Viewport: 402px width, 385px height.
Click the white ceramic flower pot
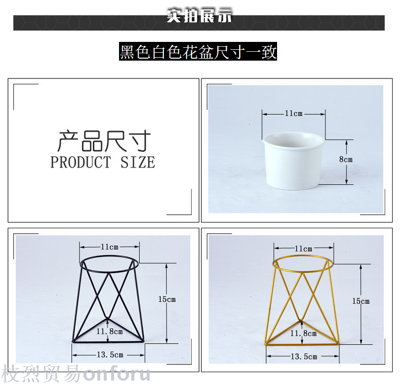click(x=293, y=161)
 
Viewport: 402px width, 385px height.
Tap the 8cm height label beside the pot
click(x=346, y=159)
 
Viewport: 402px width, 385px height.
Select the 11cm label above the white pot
click(x=293, y=113)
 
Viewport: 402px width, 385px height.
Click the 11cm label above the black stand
click(x=110, y=247)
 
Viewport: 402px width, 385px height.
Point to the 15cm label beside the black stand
click(x=167, y=299)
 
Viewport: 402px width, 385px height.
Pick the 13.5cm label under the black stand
click(x=110, y=355)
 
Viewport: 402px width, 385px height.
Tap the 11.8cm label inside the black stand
click(x=110, y=331)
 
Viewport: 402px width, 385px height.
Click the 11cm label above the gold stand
click(x=303, y=248)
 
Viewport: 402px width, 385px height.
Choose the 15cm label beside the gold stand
click(x=361, y=301)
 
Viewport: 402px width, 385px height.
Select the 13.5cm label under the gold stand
click(x=304, y=356)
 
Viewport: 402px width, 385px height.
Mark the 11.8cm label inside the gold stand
click(x=304, y=333)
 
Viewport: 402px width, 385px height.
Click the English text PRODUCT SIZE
click(x=103, y=162)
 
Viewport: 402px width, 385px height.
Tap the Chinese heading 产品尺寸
click(x=104, y=140)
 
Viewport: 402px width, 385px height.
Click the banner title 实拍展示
click(x=199, y=16)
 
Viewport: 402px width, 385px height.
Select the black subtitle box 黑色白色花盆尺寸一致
click(x=198, y=51)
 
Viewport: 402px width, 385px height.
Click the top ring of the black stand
click(x=110, y=256)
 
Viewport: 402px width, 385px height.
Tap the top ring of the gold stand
click(x=303, y=256)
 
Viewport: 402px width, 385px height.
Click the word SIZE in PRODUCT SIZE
click(x=138, y=162)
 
